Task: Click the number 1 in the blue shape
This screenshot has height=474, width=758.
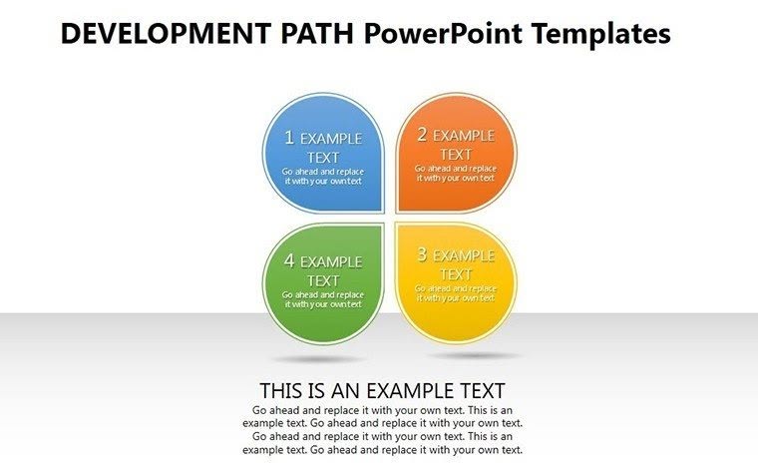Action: pyautogui.click(x=289, y=138)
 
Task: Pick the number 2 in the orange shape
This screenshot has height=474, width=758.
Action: pyautogui.click(x=422, y=135)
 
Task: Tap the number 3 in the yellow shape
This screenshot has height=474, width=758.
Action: pyautogui.click(x=422, y=254)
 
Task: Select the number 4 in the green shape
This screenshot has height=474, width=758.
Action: pyautogui.click(x=289, y=260)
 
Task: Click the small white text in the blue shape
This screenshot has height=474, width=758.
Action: pyautogui.click(x=323, y=177)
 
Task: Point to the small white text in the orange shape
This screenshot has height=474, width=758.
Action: pyautogui.click(x=456, y=174)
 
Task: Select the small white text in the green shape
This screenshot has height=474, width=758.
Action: pyautogui.click(x=323, y=299)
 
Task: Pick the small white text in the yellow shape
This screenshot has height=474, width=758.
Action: pyautogui.click(x=456, y=293)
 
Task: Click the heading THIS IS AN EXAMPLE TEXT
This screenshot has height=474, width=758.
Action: pyautogui.click(x=383, y=390)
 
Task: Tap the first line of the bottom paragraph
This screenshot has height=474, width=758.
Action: pyautogui.click(x=383, y=410)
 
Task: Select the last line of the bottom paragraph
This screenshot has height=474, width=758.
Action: pyautogui.click(x=383, y=450)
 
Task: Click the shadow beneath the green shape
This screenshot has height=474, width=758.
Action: pyautogui.click(x=319, y=358)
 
